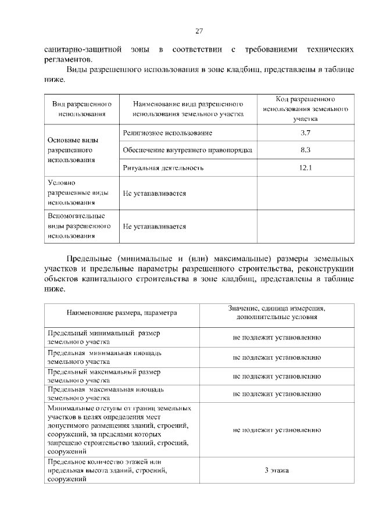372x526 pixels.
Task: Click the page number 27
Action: (198, 31)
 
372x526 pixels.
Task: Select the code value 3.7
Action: (306, 133)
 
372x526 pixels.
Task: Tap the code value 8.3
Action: (306, 150)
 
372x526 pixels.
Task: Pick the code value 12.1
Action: (306, 168)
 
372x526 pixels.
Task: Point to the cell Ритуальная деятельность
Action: (163, 168)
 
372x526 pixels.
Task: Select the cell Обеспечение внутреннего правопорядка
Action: (187, 150)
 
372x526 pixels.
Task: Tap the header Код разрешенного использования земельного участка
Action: (306, 109)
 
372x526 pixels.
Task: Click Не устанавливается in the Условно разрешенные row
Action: (154, 193)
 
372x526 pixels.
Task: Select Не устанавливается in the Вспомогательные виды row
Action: (154, 227)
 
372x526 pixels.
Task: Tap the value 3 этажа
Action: (277, 471)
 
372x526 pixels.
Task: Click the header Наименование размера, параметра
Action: (121, 313)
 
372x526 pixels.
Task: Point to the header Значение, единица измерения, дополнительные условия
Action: (277, 313)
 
